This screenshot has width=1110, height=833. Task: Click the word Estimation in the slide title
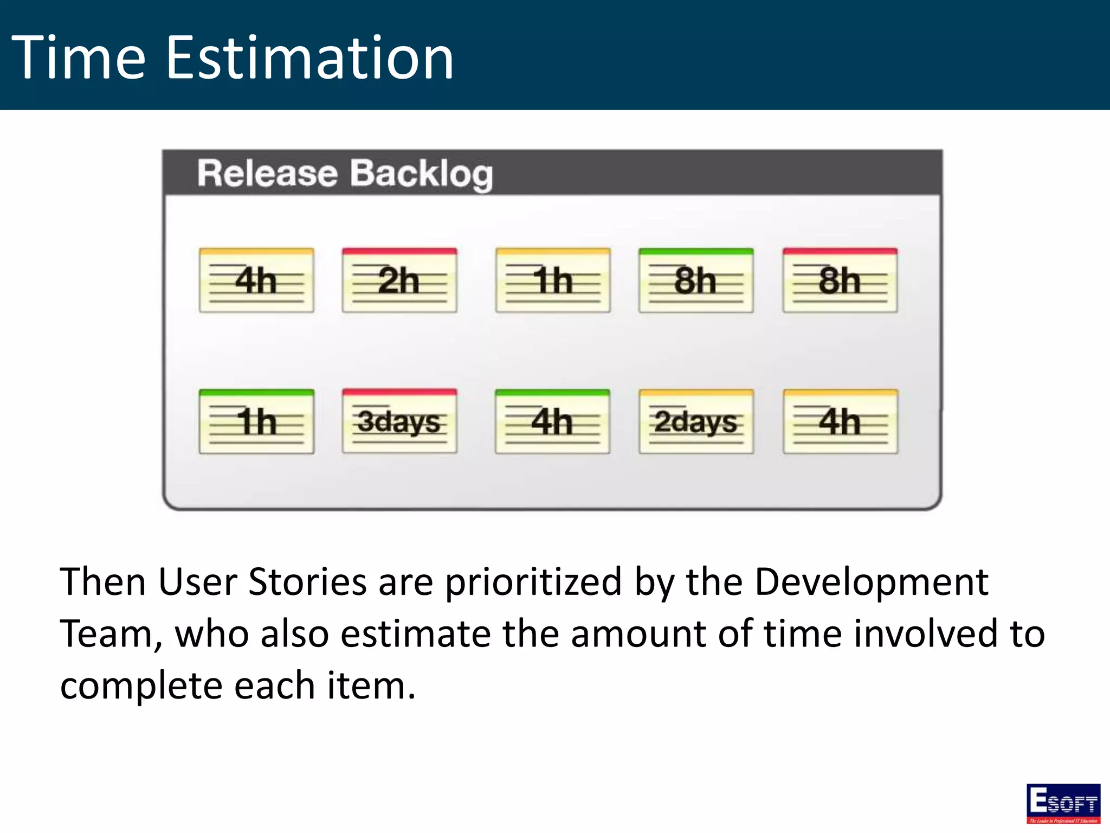click(309, 57)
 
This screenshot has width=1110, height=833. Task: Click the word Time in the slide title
click(79, 57)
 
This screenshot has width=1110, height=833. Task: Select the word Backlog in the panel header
click(421, 174)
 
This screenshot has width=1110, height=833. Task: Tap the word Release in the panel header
click(267, 174)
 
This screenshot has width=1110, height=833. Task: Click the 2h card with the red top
click(399, 280)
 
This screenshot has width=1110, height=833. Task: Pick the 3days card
click(399, 421)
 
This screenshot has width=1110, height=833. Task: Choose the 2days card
click(696, 421)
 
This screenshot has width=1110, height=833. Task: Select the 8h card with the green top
click(696, 280)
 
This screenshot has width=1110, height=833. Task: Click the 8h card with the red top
click(840, 280)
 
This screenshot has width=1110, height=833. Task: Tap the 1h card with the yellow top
click(553, 280)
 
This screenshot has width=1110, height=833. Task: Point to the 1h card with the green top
click(256, 421)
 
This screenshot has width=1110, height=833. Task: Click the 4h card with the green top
click(552, 421)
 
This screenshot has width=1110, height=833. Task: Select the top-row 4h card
click(256, 280)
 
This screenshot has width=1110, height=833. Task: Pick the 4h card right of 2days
click(840, 421)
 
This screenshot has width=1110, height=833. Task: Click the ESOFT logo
click(1063, 803)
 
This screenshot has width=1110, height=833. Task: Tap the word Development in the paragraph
click(871, 582)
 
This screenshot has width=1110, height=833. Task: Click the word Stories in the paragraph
click(307, 582)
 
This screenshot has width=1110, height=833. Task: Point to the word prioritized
click(533, 582)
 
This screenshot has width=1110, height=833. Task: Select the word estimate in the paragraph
click(415, 634)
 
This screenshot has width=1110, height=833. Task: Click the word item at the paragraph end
click(371, 686)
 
